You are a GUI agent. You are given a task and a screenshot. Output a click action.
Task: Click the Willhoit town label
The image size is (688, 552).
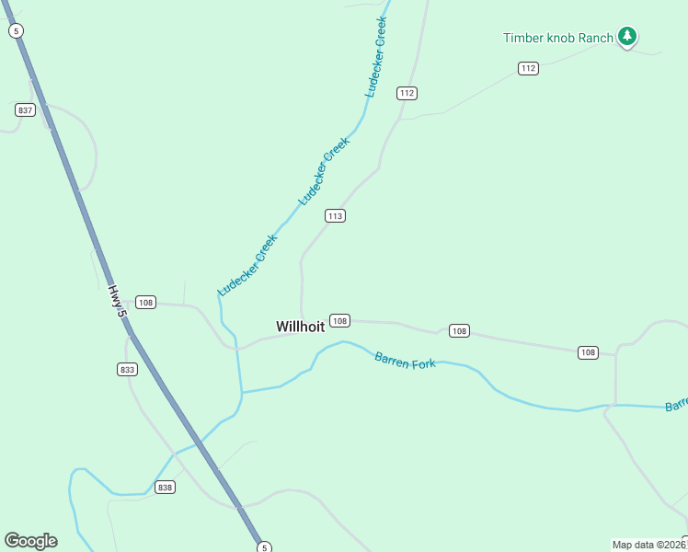300,327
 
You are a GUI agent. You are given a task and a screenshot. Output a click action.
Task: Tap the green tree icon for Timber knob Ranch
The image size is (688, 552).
627,37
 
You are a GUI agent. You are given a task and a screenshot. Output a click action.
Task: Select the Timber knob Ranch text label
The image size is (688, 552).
557,38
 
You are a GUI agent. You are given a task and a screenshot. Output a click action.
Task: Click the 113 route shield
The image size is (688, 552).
334,215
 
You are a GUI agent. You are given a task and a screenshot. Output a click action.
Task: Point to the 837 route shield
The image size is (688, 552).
25,109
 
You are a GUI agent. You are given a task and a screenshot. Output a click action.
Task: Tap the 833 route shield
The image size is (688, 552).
127,369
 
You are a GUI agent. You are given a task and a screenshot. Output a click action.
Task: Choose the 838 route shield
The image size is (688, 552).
165,487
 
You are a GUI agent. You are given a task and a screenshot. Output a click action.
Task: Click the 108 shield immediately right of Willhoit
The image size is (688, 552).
339,320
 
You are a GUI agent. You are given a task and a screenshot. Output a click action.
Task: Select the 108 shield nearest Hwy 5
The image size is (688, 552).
145,302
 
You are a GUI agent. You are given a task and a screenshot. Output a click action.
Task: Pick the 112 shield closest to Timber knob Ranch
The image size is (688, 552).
527,68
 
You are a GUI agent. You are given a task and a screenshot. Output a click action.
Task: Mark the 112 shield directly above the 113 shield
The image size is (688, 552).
407,93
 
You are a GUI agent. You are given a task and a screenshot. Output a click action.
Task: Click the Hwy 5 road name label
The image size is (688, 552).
116,301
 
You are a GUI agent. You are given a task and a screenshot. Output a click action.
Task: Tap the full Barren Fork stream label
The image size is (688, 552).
405,359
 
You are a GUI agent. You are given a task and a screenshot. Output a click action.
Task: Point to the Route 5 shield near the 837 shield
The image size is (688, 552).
16,30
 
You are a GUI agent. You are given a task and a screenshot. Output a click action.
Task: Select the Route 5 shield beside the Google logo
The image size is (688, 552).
264,546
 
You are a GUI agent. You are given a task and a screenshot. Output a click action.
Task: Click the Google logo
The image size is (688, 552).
30,541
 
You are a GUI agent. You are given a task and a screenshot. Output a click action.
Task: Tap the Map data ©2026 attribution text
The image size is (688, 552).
648,545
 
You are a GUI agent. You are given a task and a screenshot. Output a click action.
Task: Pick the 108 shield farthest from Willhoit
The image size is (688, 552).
588,352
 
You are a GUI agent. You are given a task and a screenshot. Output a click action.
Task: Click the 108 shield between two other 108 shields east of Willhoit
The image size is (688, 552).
459,330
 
